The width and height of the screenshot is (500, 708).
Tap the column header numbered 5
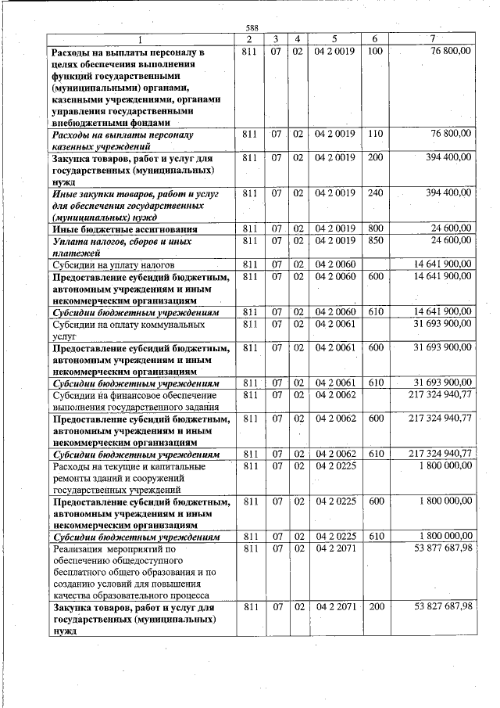point(334,39)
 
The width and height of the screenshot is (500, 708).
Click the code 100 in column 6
point(374,51)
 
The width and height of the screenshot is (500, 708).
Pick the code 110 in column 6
point(374,134)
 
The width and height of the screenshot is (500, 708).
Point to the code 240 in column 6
point(374,192)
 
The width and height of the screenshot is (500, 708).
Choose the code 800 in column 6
point(374,228)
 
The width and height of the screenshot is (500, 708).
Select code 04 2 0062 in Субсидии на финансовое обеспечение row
point(335,395)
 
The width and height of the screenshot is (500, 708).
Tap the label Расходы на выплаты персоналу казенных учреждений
point(124,140)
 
